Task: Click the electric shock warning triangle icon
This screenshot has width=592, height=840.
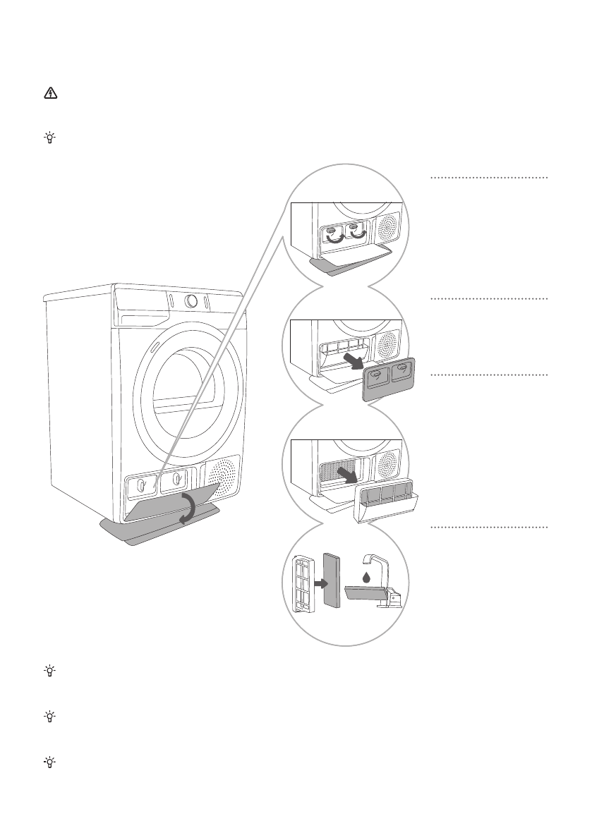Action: point(49,94)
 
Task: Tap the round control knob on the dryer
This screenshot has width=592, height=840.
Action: point(190,301)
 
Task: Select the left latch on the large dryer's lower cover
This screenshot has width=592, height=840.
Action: point(141,485)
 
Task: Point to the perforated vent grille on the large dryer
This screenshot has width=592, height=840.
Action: point(221,477)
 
